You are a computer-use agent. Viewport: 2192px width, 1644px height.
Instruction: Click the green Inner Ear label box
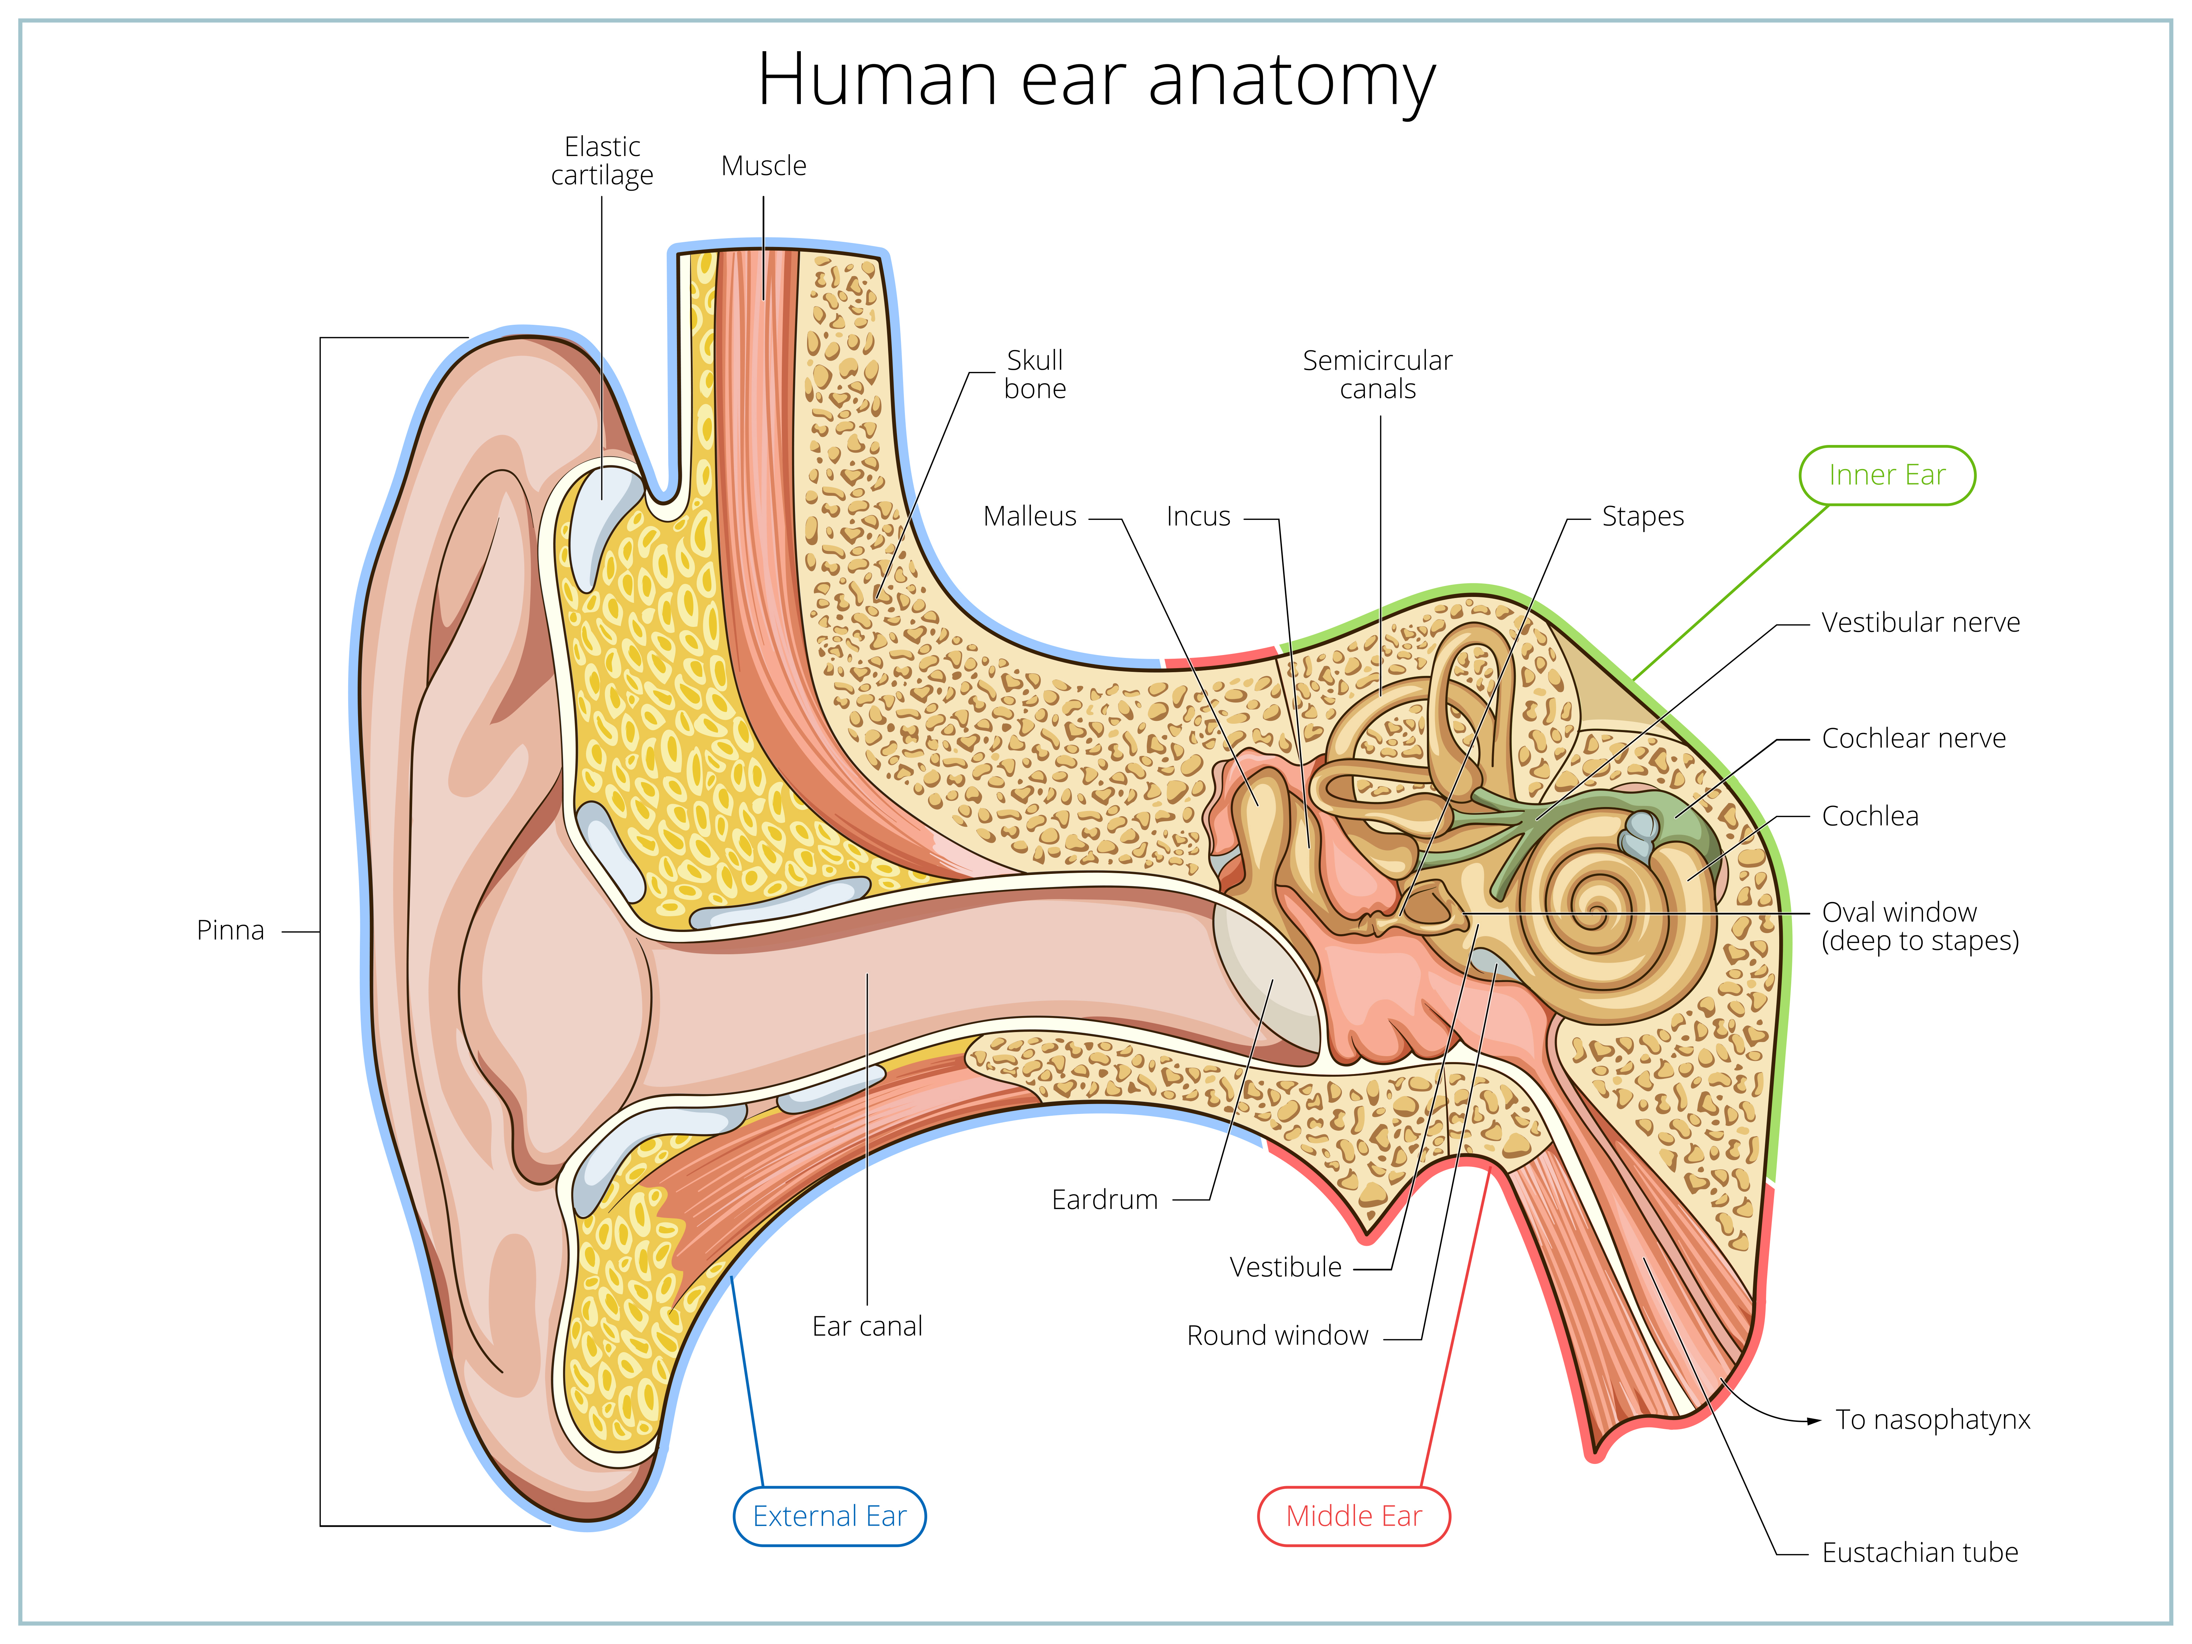click(1887, 476)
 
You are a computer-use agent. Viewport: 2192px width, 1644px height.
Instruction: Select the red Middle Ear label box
click(1354, 1516)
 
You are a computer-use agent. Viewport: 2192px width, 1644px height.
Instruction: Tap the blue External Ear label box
click(829, 1516)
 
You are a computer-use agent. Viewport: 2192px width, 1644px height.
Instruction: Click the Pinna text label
click(231, 931)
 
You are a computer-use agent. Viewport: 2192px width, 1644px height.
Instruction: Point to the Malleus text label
click(1030, 516)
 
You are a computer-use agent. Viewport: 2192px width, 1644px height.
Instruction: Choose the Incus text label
click(1198, 516)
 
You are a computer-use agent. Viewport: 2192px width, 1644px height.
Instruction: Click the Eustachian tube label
click(1919, 1553)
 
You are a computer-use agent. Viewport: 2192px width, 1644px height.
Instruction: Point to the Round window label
click(1277, 1336)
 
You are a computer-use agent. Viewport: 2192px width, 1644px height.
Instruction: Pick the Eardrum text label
click(1105, 1200)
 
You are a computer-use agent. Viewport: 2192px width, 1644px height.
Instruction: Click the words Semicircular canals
click(1377, 374)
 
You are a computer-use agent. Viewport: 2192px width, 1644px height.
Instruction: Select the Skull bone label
click(1035, 374)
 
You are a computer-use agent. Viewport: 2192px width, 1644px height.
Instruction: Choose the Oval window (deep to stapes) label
click(1919, 926)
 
